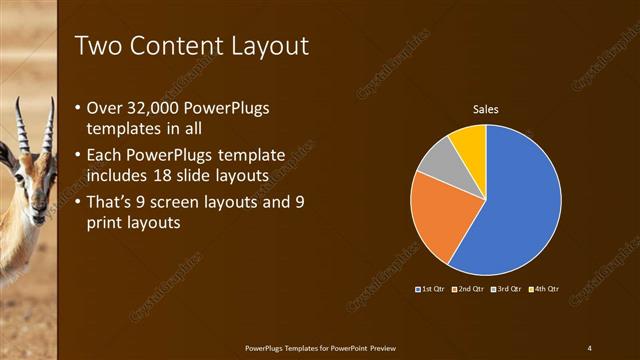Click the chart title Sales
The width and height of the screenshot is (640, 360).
(485, 109)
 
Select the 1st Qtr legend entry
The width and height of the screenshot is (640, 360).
(430, 288)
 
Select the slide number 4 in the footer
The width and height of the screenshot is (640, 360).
(589, 347)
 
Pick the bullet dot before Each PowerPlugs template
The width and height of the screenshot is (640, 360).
(79, 156)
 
